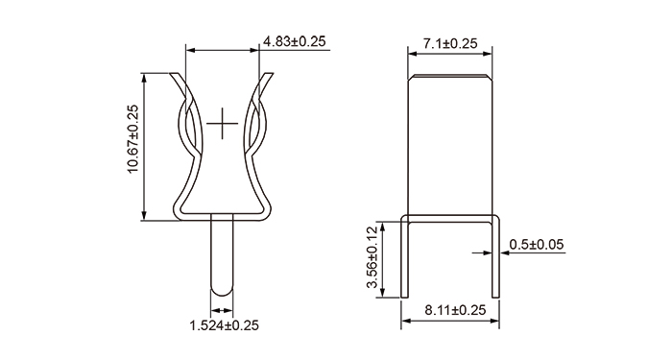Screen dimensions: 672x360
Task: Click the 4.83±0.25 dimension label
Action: [x=295, y=41]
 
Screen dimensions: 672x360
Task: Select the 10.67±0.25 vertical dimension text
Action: [x=133, y=139]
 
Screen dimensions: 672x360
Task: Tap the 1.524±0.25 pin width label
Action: [x=224, y=325]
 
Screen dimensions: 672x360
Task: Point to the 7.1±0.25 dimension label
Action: [x=450, y=44]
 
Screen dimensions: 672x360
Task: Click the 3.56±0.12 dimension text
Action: [x=372, y=257]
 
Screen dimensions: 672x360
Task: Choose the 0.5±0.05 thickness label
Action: [x=537, y=244]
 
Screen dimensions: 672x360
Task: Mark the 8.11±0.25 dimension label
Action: [x=456, y=310]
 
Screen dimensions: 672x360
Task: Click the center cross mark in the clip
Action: [x=222, y=124]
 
